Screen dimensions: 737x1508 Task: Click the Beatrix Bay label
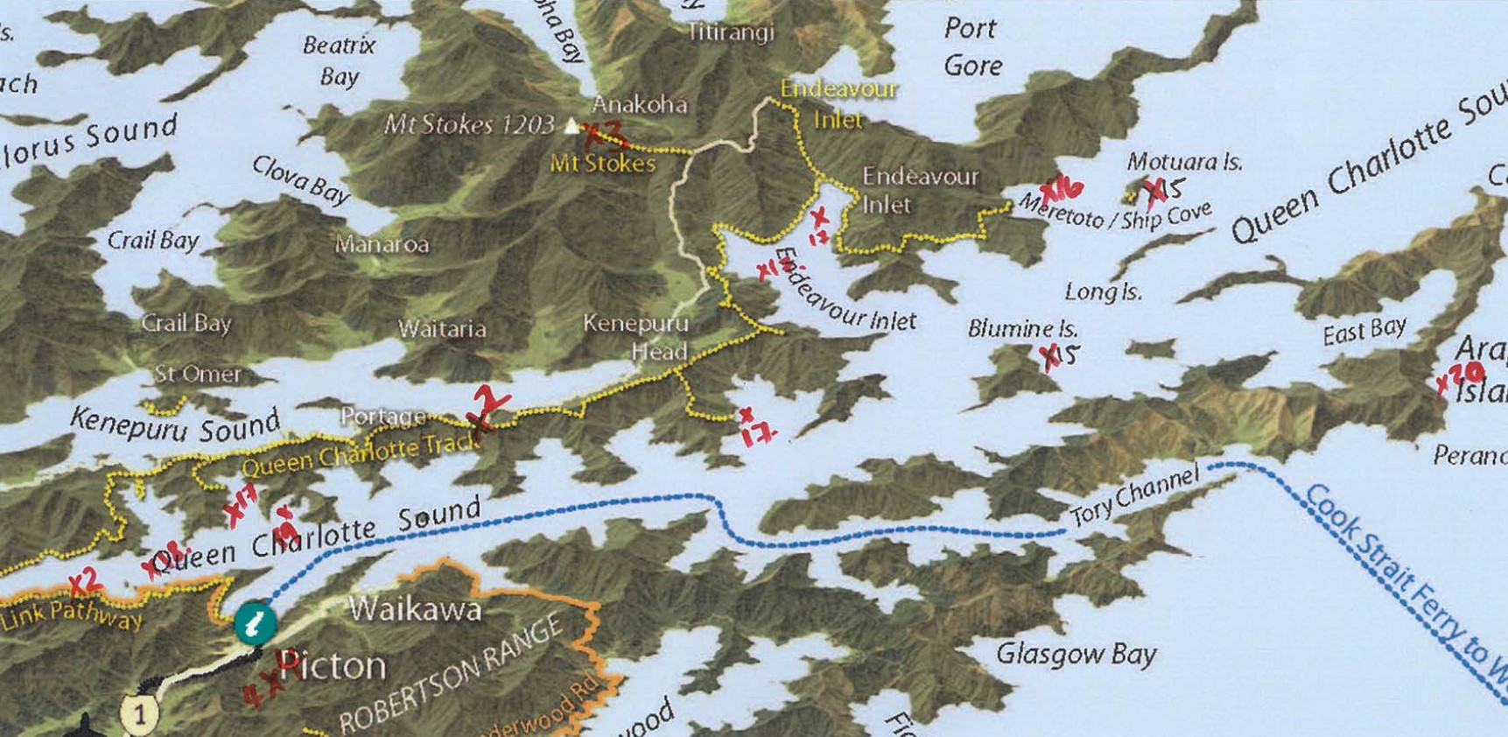point(339,60)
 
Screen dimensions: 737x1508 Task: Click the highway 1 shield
point(138,713)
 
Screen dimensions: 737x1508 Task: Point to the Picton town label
point(333,667)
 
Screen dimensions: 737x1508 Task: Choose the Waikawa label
point(415,608)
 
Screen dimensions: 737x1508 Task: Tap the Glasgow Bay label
point(1076,654)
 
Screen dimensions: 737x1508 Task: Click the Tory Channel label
point(1133,496)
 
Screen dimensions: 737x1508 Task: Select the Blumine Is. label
point(1022,329)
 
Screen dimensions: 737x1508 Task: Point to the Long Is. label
point(1103,291)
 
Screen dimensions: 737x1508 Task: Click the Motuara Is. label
point(1184,161)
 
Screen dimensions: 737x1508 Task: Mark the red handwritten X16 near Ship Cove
point(1062,190)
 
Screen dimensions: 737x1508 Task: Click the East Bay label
point(1364,331)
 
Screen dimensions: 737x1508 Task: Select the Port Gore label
point(972,47)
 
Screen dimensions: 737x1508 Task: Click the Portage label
point(382,417)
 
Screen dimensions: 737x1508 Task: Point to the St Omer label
point(197,375)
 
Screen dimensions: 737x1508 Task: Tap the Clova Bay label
point(301,179)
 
